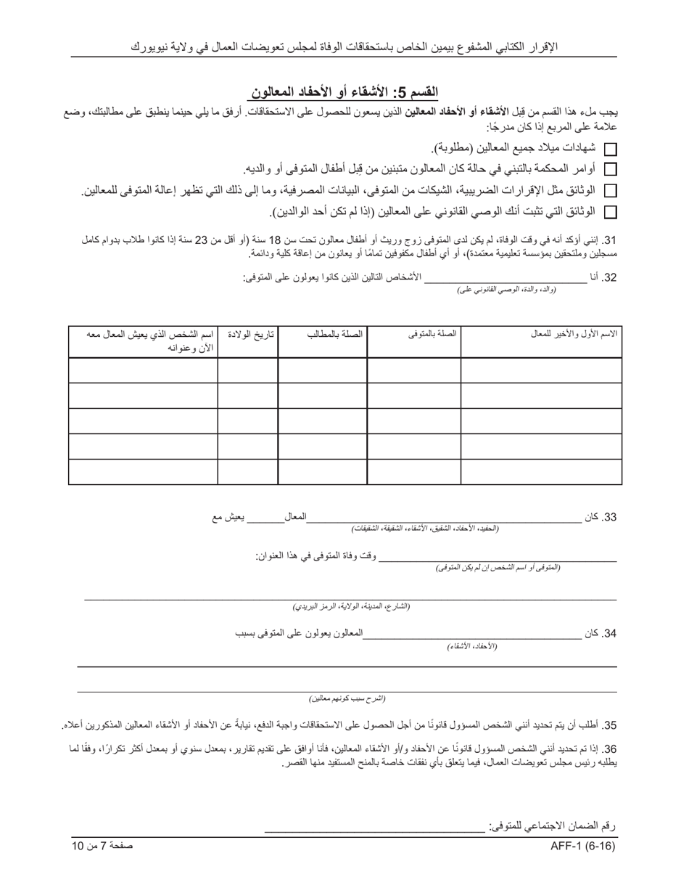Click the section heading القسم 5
pos(344,92)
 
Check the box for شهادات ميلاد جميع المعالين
pos(611,149)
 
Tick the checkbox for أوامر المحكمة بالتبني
pos(611,170)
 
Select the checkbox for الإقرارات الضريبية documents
pos(611,191)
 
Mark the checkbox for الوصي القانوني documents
pos(611,212)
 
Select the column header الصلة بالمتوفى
pos(432,333)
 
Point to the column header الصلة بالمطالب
pos(334,333)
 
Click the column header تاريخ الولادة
pos(251,333)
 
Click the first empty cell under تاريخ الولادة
pos(247,370)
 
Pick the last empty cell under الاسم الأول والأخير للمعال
pos(541,472)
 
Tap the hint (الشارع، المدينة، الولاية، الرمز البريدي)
pos(351,606)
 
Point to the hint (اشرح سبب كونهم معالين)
pos(347,698)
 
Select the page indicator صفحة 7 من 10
pos(102,847)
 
